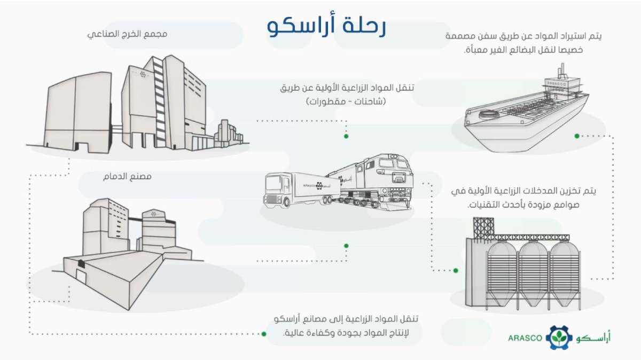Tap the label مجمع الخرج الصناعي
pos(128,34)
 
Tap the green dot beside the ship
pos(577,136)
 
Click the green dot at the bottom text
pos(263,334)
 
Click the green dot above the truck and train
pos(346,136)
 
